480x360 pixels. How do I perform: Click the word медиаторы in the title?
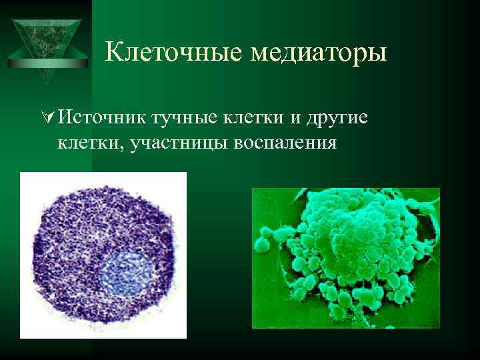319,52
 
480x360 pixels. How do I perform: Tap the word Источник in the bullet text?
100,117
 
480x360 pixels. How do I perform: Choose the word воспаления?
285,143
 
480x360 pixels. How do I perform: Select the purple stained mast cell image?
103,254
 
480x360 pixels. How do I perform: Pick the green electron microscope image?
345,258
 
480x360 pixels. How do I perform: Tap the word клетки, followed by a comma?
83,143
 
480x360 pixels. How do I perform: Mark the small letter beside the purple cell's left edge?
43,218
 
